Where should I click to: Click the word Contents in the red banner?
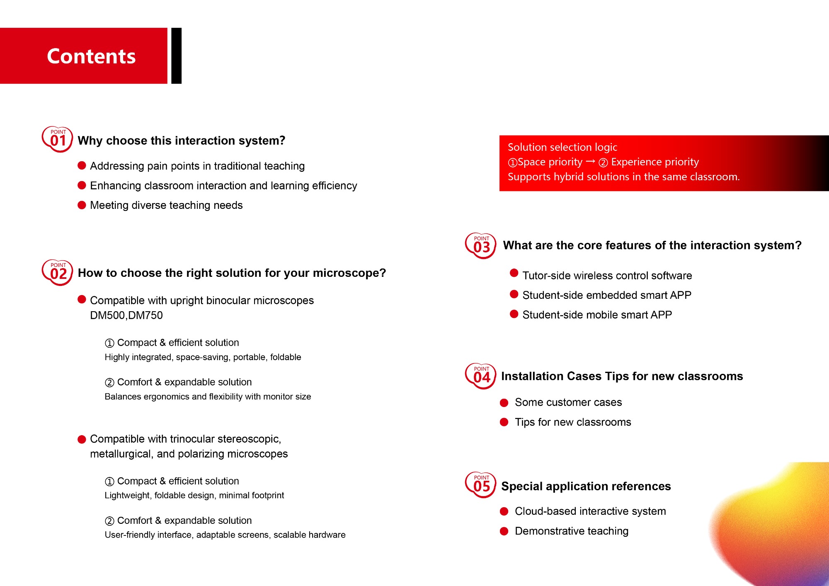[91, 56]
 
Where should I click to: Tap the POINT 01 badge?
[58, 139]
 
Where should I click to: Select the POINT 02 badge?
[58, 272]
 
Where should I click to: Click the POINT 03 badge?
[481, 246]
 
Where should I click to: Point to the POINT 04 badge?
[481, 376]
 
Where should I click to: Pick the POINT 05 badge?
[481, 485]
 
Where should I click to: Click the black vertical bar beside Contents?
[177, 56]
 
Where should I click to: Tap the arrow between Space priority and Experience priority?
[591, 161]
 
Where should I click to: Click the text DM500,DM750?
[126, 315]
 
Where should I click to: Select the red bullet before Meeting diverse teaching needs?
[82, 205]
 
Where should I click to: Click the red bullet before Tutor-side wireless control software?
[514, 273]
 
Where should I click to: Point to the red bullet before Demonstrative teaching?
[504, 531]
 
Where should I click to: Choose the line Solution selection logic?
[562, 147]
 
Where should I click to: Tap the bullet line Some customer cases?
[568, 402]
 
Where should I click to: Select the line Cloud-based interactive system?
[590, 511]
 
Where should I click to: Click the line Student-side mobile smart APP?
[597, 315]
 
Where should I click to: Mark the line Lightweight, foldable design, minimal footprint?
[194, 495]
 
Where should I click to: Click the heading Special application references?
[586, 486]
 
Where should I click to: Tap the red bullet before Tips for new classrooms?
[504, 422]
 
